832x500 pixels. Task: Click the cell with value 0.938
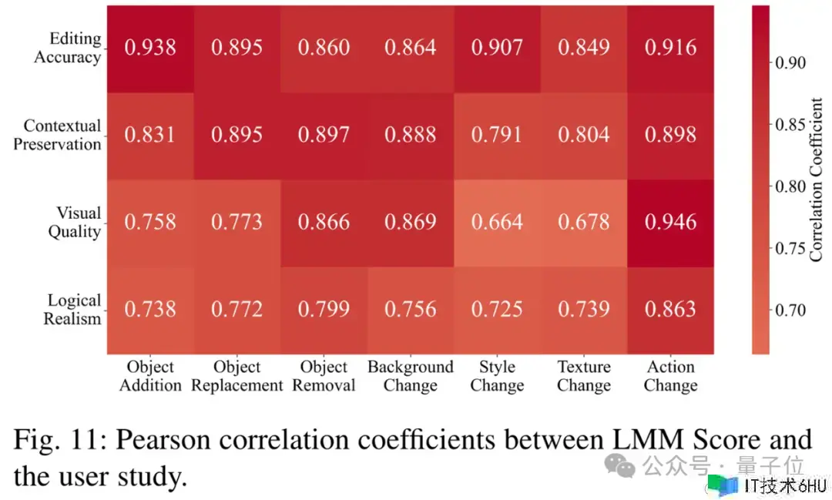tap(150, 48)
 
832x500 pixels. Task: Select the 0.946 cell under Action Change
tap(670, 223)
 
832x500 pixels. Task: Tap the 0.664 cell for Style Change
tap(497, 223)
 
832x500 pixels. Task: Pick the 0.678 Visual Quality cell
tap(584, 223)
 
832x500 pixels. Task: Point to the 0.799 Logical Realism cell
tap(324, 310)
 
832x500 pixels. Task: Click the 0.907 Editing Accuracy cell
tap(497, 48)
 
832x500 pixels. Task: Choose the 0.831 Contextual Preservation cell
tap(150, 135)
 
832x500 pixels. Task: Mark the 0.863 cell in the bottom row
tap(670, 310)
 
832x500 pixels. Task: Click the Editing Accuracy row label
tap(68, 48)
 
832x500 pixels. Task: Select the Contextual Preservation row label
tap(58, 135)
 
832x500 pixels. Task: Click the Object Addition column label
tap(150, 376)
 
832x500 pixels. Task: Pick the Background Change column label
tap(410, 376)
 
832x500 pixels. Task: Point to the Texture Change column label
tap(584, 376)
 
